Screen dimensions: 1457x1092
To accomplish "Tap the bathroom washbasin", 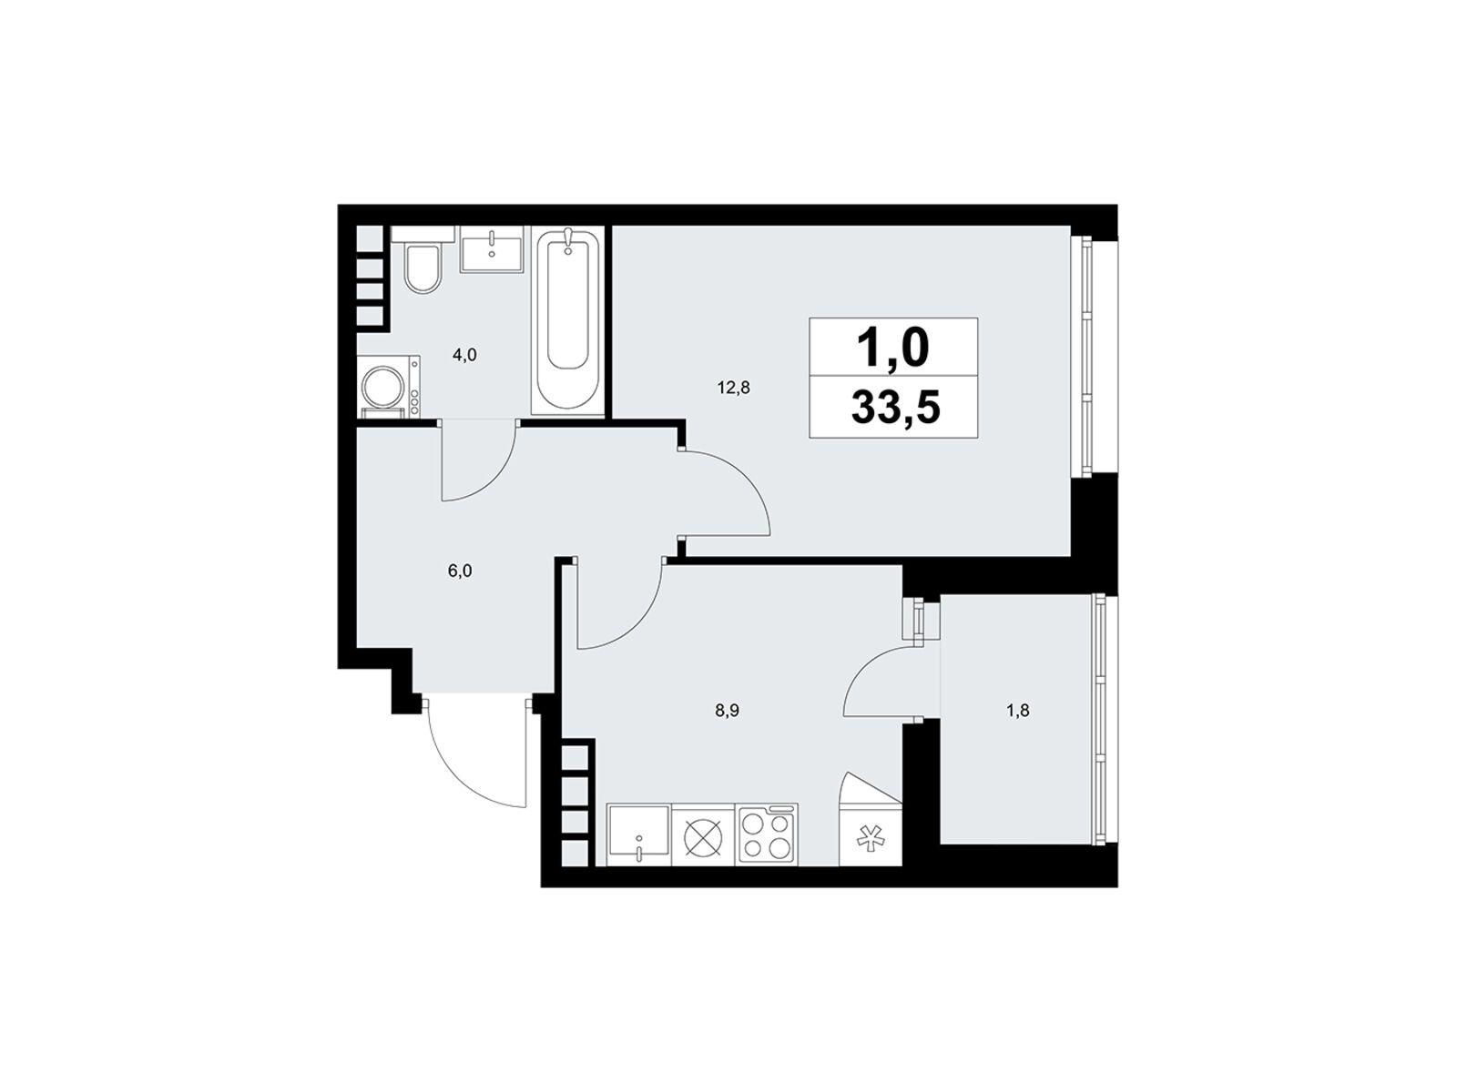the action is coord(492,248).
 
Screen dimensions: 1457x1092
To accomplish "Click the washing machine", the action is coord(388,387).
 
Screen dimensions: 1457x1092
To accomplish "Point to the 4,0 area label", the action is coord(464,356).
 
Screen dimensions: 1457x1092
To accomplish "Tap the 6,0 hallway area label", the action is coord(460,571).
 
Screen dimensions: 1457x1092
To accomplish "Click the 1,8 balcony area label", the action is coord(1017,713).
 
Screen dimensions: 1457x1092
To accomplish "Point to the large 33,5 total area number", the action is coord(895,408).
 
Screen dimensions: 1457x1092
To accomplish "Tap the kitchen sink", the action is coord(638,834).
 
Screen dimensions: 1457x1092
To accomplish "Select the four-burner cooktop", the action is coord(768,834).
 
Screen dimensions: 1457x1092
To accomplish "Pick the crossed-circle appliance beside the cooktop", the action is coord(704,834).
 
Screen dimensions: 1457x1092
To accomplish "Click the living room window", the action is coord(1086,356).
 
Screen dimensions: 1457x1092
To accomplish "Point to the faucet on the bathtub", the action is coord(567,240).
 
